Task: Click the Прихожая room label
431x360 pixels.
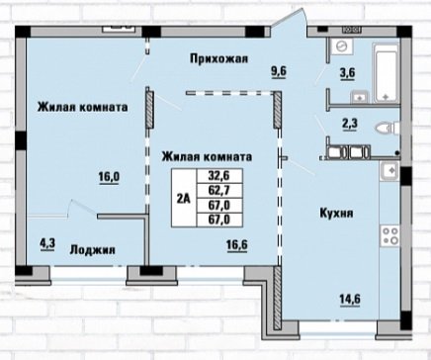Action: click(218, 59)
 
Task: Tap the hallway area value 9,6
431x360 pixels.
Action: click(279, 71)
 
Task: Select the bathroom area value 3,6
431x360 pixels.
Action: click(347, 72)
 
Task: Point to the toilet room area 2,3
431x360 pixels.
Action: click(350, 124)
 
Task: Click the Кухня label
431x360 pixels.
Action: click(336, 213)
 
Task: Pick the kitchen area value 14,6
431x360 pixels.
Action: click(350, 299)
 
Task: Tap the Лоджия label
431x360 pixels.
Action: click(93, 250)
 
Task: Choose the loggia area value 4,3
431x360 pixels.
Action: click(47, 244)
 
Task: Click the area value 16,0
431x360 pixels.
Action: click(109, 177)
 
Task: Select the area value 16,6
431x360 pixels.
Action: click(237, 245)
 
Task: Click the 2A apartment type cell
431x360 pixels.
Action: click(184, 198)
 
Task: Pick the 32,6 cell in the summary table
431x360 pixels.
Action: click(219, 176)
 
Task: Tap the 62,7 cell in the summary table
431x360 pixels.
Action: click(219, 190)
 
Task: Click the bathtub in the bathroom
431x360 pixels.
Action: click(386, 73)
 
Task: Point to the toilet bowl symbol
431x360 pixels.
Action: click(388, 128)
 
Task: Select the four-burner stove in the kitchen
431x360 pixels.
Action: click(389, 235)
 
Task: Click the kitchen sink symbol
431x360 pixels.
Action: click(389, 171)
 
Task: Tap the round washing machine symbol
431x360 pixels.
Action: click(342, 46)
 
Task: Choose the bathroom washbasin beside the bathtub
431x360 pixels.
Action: click(360, 97)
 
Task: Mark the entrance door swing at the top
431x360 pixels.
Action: click(290, 18)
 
